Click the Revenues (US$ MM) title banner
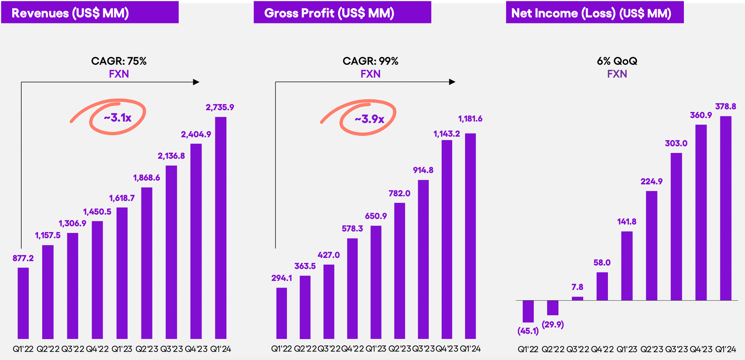[90, 13]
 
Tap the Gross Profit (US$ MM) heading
[342, 13]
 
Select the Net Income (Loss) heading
[595, 13]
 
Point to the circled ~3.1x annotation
[117, 118]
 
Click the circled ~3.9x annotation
[369, 119]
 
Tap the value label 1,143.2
[447, 134]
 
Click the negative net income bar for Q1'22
[528, 311]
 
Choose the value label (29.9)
[553, 325]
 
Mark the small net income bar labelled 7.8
[577, 298]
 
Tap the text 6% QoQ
[617, 61]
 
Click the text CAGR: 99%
[370, 61]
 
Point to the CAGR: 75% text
[119, 61]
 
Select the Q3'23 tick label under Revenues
[171, 349]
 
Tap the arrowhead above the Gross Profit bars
[452, 82]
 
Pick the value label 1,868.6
[146, 178]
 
